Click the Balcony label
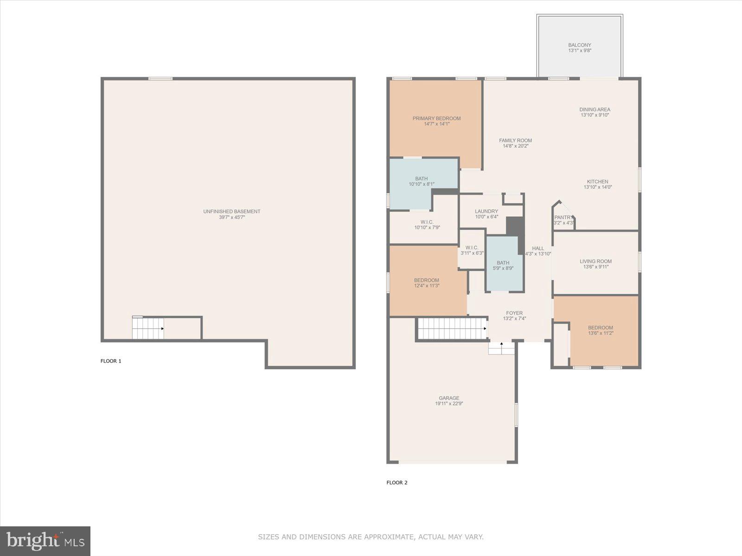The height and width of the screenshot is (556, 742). click(x=580, y=45)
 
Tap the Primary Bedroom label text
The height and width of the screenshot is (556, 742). click(x=436, y=119)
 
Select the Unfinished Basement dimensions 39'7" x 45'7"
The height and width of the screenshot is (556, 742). click(x=232, y=217)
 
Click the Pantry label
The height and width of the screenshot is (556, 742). click(x=563, y=217)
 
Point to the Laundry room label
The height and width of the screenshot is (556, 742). click(x=486, y=211)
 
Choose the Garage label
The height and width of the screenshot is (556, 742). click(x=449, y=398)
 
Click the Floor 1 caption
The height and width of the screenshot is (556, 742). click(x=111, y=361)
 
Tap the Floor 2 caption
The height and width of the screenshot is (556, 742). click(x=397, y=482)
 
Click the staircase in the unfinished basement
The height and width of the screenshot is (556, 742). click(x=148, y=329)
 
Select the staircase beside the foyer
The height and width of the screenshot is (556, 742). click(x=452, y=329)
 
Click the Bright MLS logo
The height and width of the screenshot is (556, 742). click(x=45, y=541)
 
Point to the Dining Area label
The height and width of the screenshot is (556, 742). click(x=595, y=110)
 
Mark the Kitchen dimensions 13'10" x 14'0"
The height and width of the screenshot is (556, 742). click(x=598, y=188)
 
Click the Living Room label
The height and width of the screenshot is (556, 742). click(x=595, y=261)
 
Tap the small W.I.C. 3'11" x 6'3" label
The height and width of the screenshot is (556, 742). click(x=472, y=250)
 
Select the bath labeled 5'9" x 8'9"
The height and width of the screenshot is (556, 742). click(x=503, y=265)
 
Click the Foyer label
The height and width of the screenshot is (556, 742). click(x=514, y=313)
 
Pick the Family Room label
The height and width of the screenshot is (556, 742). click(x=515, y=140)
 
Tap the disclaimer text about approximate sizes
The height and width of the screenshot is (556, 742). click(x=371, y=537)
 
